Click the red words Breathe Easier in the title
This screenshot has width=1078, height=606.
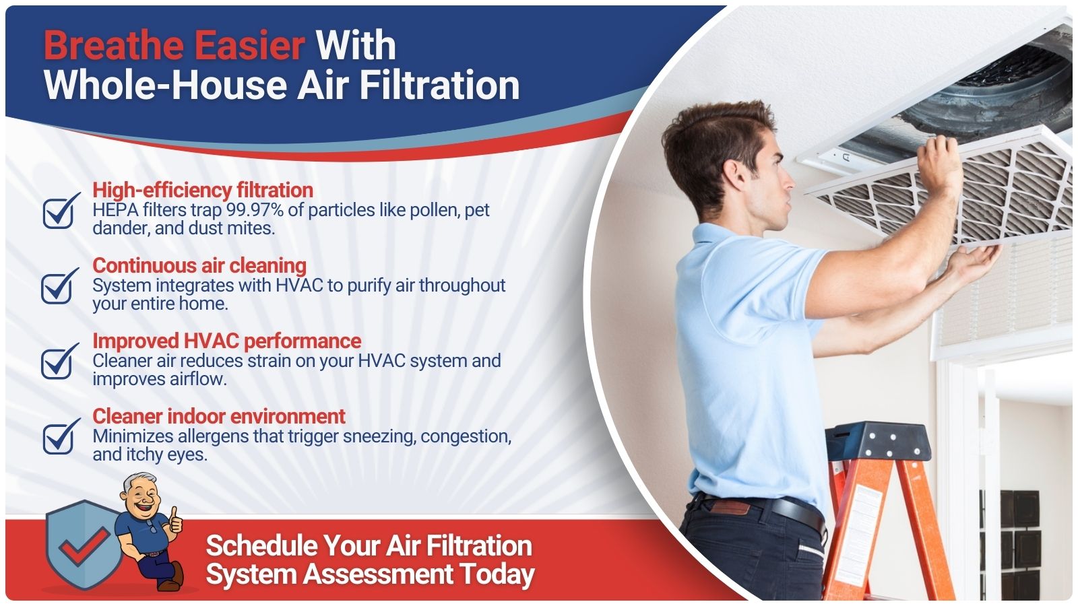175,45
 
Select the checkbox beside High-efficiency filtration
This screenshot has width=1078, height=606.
60,211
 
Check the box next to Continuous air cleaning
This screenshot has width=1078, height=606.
59,285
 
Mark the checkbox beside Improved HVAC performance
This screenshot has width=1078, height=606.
59,361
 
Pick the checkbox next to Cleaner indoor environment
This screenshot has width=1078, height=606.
60,436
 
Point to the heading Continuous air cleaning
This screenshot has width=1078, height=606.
199,265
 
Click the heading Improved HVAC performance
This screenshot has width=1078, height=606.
226,341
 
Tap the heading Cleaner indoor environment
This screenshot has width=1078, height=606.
219,416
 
